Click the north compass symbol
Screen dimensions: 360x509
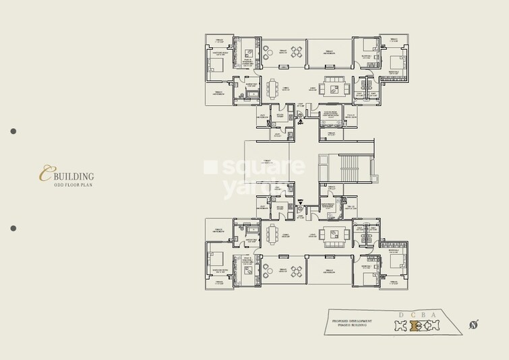473,326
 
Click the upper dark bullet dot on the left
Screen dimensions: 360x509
13,131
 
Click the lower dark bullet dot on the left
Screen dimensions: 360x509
13,229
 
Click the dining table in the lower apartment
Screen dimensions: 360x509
272,233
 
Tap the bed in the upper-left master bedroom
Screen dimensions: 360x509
218,65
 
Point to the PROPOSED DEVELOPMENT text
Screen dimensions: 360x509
353,320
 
